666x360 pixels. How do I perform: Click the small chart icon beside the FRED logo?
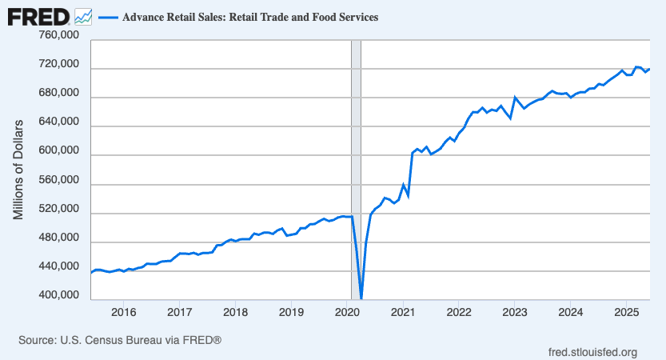(x=82, y=16)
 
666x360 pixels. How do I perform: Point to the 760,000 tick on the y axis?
(x=58, y=35)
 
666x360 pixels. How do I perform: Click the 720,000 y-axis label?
(x=58, y=64)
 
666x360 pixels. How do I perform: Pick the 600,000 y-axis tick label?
(x=58, y=151)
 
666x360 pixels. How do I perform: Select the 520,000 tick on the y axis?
(x=58, y=209)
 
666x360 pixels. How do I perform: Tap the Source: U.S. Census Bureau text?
(x=119, y=341)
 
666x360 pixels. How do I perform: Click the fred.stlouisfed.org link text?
(x=592, y=352)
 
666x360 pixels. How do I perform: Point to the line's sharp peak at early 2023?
(x=515, y=98)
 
